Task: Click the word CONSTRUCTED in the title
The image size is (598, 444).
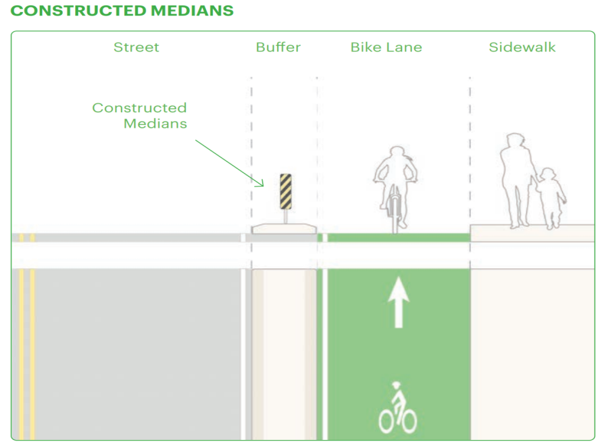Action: [78, 11]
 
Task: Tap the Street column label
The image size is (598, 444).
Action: [136, 47]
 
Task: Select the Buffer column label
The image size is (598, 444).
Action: [278, 47]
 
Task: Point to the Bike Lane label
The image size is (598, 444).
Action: [387, 47]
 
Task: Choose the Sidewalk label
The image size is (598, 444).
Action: [522, 47]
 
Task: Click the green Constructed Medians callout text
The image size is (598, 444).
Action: [140, 116]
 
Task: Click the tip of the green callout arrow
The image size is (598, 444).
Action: [264, 186]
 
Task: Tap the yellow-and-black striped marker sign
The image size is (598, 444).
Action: [286, 191]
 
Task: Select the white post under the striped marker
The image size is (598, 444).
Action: [286, 217]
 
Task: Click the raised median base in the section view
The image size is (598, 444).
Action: [284, 229]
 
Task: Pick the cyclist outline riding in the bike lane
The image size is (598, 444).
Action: [395, 189]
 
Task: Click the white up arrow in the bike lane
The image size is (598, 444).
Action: [399, 302]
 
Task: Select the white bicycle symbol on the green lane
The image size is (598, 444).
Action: [397, 408]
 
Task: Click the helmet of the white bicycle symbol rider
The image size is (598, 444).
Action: [397, 385]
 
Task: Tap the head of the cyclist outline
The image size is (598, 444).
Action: [397, 153]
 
